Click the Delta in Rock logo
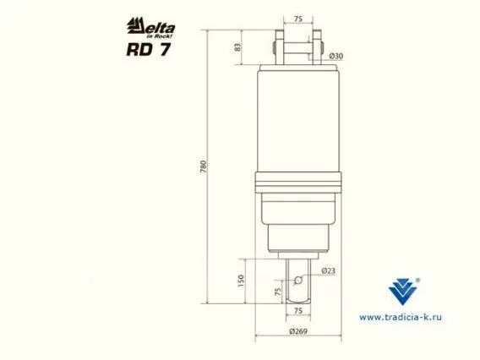[x=151, y=28]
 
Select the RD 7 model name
[x=149, y=50]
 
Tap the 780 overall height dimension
[x=204, y=166]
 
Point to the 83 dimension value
[x=237, y=47]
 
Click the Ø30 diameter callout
[x=336, y=56]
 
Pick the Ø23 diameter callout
[x=328, y=270]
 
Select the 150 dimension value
[x=241, y=281]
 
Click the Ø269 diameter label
[x=298, y=331]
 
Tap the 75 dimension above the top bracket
[x=298, y=19]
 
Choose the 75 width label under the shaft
[x=298, y=311]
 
